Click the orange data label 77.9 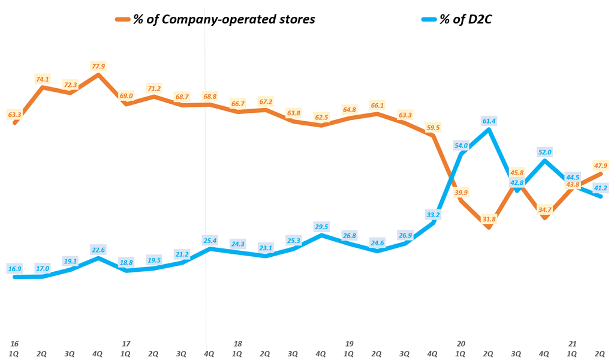(x=98, y=66)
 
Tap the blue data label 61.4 (x=489, y=121)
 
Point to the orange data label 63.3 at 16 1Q (x=14, y=113)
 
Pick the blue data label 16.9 (x=14, y=268)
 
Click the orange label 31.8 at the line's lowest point (x=489, y=218)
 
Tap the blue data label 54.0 (x=462, y=145)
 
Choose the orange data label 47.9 (x=601, y=165)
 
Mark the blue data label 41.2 (x=601, y=188)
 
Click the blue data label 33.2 (x=434, y=214)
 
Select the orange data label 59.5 (x=434, y=127)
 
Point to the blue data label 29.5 (x=322, y=226)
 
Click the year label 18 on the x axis (x=238, y=344)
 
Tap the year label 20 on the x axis (x=461, y=344)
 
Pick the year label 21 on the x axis (x=573, y=344)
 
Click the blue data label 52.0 (x=545, y=152)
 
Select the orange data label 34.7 (x=545, y=209)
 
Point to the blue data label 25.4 (x=210, y=240)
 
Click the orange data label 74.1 (x=43, y=78)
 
